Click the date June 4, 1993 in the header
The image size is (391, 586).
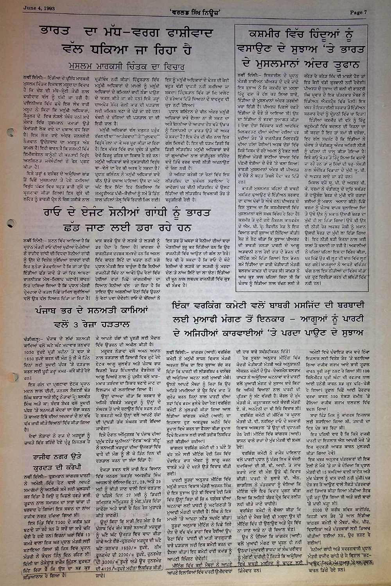click(x=39, y=7)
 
